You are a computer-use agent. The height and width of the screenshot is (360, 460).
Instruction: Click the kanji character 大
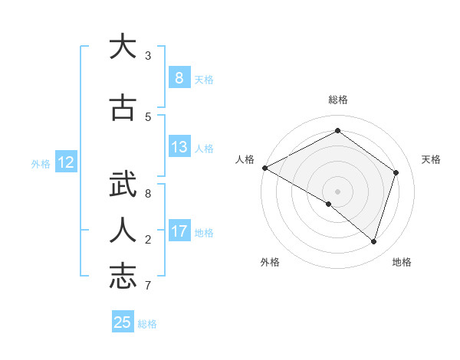click(123, 47)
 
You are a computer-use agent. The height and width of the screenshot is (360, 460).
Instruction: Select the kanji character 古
click(123, 108)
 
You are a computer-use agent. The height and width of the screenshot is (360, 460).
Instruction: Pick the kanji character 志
click(123, 277)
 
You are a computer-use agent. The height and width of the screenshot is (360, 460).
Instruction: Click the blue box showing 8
click(179, 77)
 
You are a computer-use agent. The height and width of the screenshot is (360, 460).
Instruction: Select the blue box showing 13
click(179, 147)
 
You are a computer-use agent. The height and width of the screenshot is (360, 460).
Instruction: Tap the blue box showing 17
click(179, 231)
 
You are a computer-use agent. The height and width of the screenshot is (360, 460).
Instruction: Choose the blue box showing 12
click(65, 162)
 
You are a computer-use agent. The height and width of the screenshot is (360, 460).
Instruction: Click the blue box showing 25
click(123, 322)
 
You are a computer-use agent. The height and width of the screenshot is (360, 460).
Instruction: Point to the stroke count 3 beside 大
click(148, 56)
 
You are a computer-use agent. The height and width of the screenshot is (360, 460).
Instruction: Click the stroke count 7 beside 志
click(148, 286)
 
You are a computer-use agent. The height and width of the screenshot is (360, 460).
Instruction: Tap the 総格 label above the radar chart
click(337, 100)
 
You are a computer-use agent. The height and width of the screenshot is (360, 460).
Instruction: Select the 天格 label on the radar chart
click(431, 159)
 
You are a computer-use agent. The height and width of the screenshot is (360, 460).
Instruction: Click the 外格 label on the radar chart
click(270, 262)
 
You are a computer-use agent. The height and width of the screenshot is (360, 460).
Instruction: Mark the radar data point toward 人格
click(264, 168)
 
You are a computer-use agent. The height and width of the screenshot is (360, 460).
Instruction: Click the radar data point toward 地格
click(373, 241)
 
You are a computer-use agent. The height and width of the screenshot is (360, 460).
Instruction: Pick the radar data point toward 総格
click(337, 130)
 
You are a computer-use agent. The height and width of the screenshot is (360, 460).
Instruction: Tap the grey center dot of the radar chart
click(337, 191)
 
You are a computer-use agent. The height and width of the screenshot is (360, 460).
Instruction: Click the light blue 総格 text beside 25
click(147, 323)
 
